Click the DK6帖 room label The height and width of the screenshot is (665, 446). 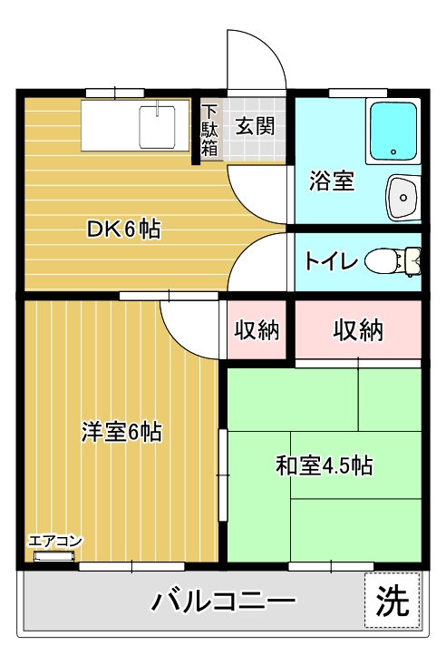click(123, 230)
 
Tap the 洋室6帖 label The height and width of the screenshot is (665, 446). click(121, 431)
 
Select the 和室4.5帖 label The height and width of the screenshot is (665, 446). click(324, 466)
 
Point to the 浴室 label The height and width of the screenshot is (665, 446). click(331, 181)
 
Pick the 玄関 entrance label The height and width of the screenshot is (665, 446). click(256, 126)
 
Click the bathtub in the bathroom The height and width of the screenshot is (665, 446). click(393, 131)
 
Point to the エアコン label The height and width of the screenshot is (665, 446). click(55, 542)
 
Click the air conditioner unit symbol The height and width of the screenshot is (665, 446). click(53, 555)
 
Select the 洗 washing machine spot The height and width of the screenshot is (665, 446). click(393, 600)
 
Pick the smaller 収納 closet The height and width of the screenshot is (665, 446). click(257, 329)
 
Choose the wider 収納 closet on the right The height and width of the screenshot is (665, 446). click(357, 329)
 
